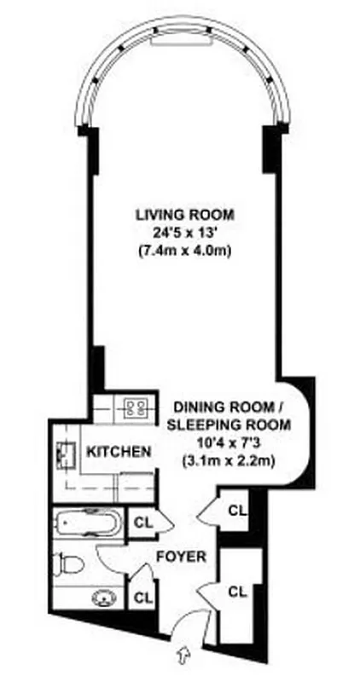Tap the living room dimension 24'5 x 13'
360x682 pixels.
pos(183,232)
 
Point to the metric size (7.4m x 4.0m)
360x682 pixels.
pos(183,251)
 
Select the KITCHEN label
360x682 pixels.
pos(119,451)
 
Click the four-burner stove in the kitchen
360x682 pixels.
pos(134,407)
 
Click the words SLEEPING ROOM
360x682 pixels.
pos(229,424)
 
